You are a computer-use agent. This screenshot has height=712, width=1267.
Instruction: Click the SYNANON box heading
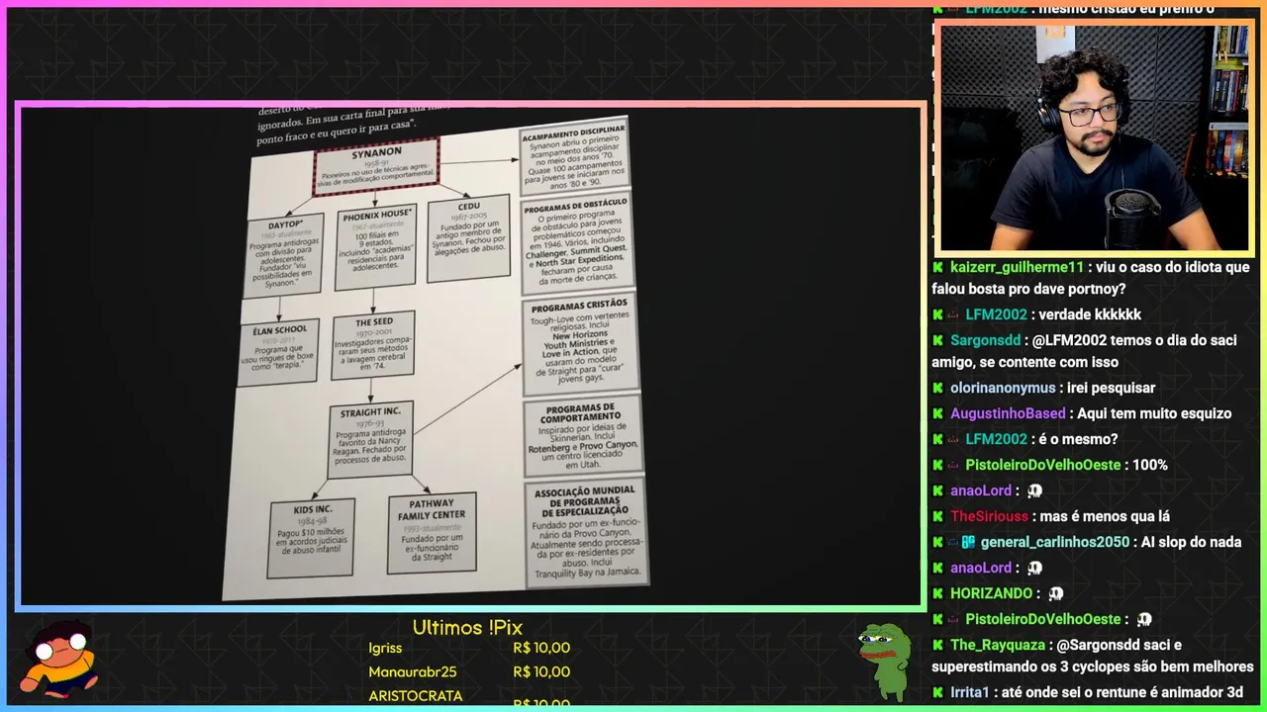(x=376, y=153)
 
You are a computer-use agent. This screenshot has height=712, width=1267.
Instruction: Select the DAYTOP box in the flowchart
(x=283, y=253)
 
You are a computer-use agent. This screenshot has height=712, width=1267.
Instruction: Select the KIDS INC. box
(x=311, y=538)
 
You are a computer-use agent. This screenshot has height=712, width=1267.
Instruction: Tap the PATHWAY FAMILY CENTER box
(x=432, y=534)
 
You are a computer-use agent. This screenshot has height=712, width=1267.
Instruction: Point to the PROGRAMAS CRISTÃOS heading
(x=579, y=305)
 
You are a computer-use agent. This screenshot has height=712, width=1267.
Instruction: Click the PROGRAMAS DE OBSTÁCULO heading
(x=575, y=209)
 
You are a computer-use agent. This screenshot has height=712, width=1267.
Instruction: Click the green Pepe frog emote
(x=883, y=658)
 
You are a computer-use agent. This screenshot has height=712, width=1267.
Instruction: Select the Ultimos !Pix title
(x=467, y=627)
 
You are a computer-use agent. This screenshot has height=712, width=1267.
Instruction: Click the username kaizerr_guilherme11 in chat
(x=1017, y=267)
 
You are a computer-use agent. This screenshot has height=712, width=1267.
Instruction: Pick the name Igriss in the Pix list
(x=385, y=648)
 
